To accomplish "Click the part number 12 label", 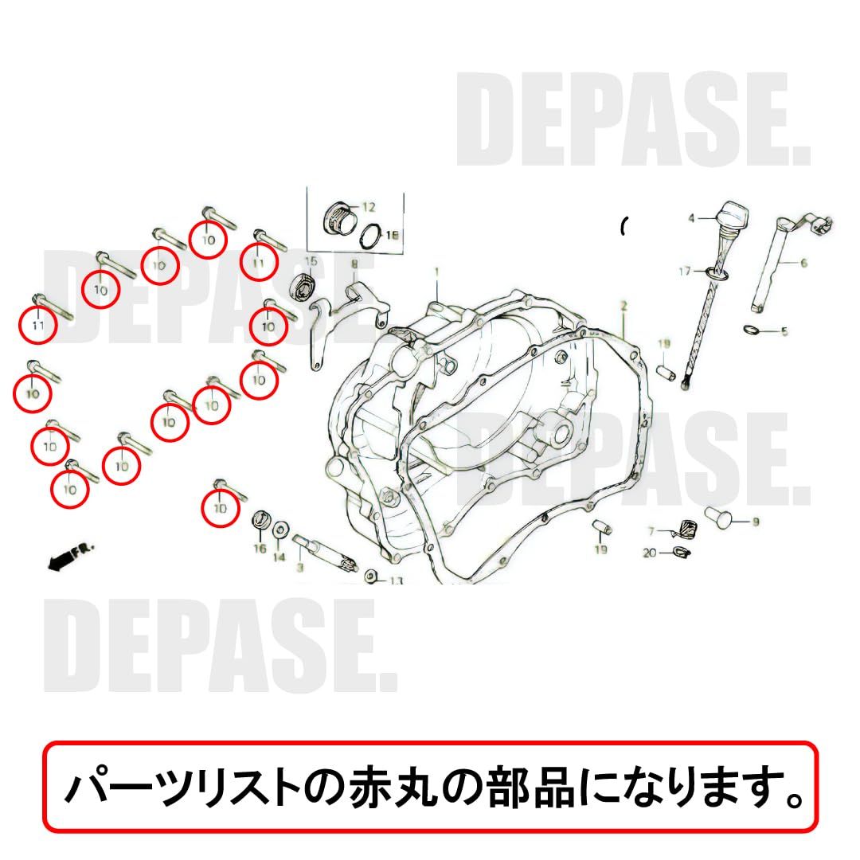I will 367,207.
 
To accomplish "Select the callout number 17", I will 685,272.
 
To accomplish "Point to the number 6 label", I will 803,263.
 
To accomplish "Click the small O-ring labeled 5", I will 750,330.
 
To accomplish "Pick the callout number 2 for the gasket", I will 624,306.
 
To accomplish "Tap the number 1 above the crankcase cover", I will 436,272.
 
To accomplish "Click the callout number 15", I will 311,261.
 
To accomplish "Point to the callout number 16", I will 260,549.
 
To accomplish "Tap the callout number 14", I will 279,557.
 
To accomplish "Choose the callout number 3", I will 299,568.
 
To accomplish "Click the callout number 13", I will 396,580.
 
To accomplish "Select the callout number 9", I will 756,522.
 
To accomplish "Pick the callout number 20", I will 651,553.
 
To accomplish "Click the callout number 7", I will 651,531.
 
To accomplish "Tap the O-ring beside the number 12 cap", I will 369,235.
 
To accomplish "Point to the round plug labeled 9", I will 718,518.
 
